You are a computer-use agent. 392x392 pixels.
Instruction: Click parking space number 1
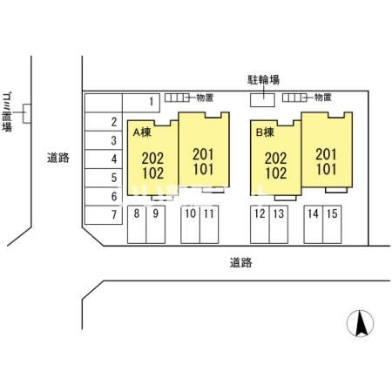pos(141,103)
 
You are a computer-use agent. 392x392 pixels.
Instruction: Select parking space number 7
pos(104,215)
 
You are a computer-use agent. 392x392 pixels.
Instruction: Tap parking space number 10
pos(190,224)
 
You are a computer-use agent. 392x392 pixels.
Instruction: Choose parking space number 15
pos(332,224)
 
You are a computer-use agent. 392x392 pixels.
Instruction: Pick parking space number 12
pos(260,224)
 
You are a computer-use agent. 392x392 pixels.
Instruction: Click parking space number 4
pos(104,159)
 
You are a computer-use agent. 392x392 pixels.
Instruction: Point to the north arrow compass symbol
pos(361,323)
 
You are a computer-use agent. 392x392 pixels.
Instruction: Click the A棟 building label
pos(142,132)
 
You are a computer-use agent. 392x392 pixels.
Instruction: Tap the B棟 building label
pos(265,132)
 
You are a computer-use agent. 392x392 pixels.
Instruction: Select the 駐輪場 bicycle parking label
pos(263,79)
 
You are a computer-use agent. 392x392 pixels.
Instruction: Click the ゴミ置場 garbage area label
pos(7,112)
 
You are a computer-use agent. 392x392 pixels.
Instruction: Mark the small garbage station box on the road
pos(27,113)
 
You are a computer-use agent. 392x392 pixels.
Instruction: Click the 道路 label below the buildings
pos(241,263)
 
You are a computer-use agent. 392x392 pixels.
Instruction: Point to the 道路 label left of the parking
pos(58,158)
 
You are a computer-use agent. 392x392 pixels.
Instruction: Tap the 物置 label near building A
pos(205,98)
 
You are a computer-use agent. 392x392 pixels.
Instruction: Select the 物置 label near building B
pos(323,98)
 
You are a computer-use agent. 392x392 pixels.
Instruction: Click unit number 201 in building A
pos(203,154)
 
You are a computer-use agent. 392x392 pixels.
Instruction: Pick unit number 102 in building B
pos(276,173)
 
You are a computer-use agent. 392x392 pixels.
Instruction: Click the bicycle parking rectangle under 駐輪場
pos(262,100)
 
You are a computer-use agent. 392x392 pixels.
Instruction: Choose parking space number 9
pos(156,224)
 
